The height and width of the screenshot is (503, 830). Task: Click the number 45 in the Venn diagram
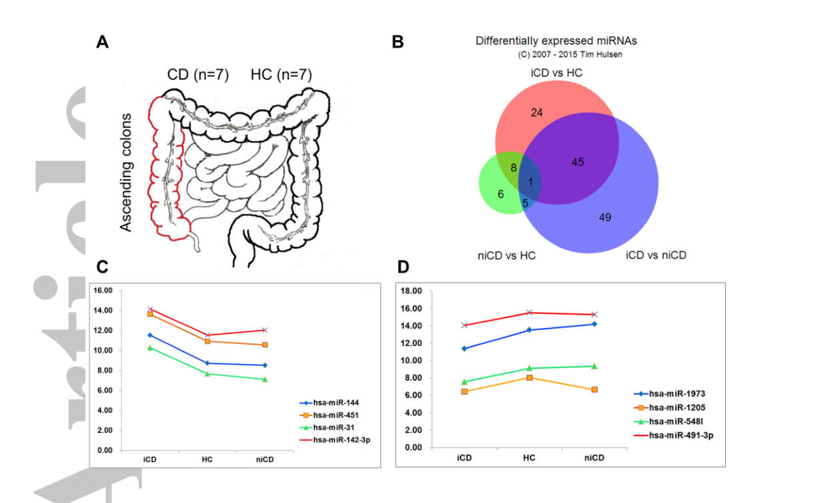(x=578, y=162)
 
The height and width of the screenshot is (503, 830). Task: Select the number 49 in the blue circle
(x=605, y=217)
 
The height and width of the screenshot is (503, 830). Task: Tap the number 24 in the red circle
(x=536, y=113)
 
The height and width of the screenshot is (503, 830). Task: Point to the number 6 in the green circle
(x=501, y=194)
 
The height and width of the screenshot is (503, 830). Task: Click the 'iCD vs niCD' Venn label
(x=656, y=255)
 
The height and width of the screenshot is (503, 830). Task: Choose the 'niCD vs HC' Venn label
(x=507, y=255)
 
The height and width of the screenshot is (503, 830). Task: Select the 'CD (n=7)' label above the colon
(x=198, y=75)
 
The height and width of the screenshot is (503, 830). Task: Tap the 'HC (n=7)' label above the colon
(x=281, y=75)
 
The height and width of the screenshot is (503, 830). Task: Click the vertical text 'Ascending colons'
(x=126, y=173)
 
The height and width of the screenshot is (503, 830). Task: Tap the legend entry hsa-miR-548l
(x=677, y=422)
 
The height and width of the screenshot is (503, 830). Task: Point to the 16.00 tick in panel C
(x=103, y=291)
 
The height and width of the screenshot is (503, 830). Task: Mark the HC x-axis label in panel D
(x=528, y=458)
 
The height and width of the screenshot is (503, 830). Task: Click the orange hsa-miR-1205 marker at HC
(x=529, y=377)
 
